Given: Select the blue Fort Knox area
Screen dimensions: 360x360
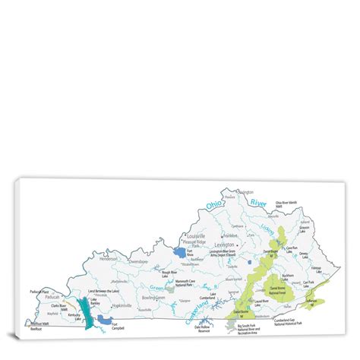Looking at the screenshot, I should coord(179,251).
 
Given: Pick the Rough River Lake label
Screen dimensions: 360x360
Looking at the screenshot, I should coord(170,271).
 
